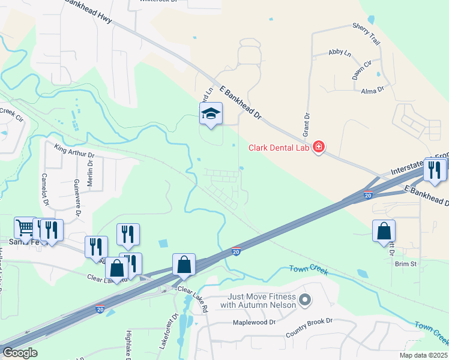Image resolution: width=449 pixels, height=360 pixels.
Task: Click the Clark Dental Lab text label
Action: pos(280,148)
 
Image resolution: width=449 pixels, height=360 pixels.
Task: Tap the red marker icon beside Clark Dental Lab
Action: pos(319,147)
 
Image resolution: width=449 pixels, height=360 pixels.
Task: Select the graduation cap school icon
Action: pos(211,113)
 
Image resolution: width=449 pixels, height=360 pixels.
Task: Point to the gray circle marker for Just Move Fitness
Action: pos(305,299)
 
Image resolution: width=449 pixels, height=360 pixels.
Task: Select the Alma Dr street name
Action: pos(372,89)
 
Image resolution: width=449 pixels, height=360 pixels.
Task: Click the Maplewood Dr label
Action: pos(254,322)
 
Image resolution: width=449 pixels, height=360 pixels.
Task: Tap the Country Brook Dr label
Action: pos(309,322)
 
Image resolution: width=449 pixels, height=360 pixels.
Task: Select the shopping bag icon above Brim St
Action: pos(384,232)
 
